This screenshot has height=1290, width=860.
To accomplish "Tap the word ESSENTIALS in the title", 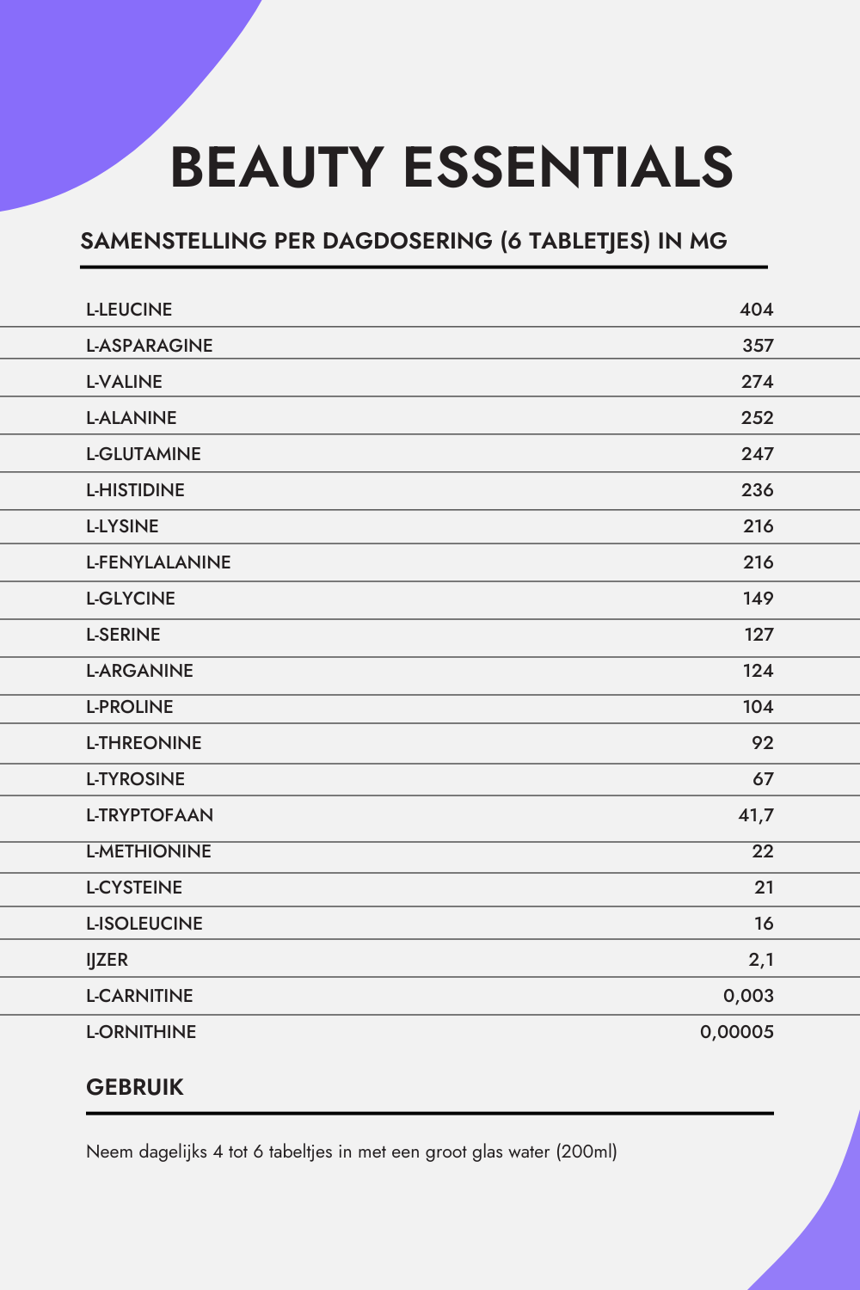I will (568, 167).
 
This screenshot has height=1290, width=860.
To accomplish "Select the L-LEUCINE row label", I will (129, 310).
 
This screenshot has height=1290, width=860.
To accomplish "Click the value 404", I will (757, 310).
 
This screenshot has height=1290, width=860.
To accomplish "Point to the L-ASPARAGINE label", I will (149, 346).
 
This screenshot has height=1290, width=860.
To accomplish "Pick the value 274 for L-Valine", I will (757, 382).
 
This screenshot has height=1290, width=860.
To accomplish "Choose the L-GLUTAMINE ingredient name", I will (143, 454).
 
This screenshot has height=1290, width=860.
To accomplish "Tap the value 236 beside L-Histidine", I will (757, 490).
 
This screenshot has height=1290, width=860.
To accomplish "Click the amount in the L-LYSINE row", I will (758, 526).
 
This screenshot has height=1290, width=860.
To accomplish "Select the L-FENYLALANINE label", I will (158, 562).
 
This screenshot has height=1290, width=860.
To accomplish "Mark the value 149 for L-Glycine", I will (758, 599).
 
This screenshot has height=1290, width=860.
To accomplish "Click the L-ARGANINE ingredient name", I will (139, 671).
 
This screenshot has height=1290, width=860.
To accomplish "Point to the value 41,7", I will (756, 815).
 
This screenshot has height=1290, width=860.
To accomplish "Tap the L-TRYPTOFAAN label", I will (149, 815).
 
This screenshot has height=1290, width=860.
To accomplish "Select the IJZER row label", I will (107, 960).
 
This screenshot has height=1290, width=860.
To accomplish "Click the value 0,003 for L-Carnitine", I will (748, 996).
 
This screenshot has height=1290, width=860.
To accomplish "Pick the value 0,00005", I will (737, 1032).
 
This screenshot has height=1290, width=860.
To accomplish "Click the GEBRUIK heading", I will (135, 1087).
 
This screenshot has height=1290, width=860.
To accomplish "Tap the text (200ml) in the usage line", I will (587, 1152).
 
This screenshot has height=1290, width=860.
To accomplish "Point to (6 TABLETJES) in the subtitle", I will (575, 241).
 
